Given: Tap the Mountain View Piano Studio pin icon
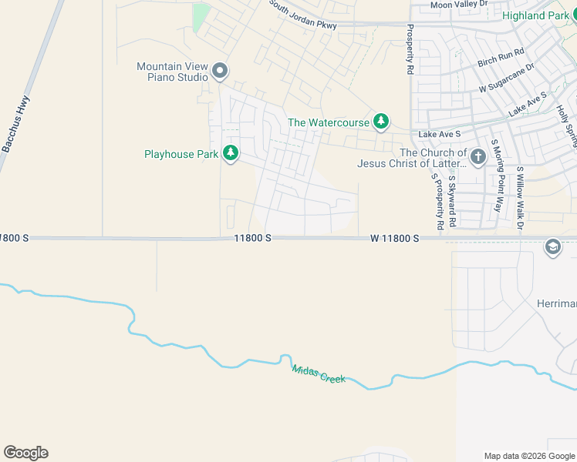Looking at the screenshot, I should (x=220, y=72).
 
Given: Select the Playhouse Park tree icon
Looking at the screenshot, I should (x=230, y=154).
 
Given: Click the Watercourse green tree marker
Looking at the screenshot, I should (x=380, y=122).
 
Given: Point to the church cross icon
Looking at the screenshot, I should (x=477, y=158).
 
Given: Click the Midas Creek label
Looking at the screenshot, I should (x=319, y=374).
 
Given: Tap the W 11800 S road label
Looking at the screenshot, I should (x=394, y=239).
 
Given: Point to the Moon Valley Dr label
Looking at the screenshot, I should (x=460, y=5).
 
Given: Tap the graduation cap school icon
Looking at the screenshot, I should (x=552, y=246).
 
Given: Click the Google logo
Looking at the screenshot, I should (x=25, y=453).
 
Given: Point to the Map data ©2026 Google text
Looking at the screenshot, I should (x=528, y=456).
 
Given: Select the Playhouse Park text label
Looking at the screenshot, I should (x=181, y=154).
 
